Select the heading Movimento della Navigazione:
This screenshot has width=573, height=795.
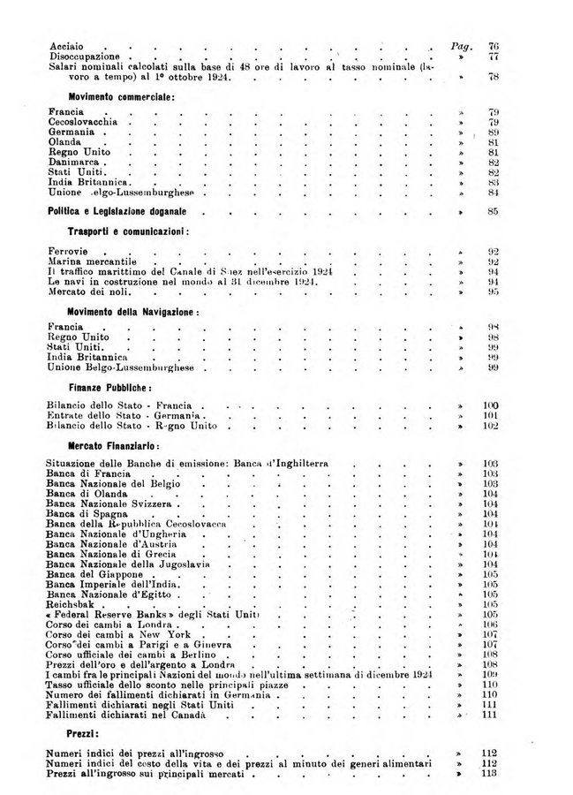(x=132, y=314)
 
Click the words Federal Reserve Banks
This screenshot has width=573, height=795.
(x=109, y=614)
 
